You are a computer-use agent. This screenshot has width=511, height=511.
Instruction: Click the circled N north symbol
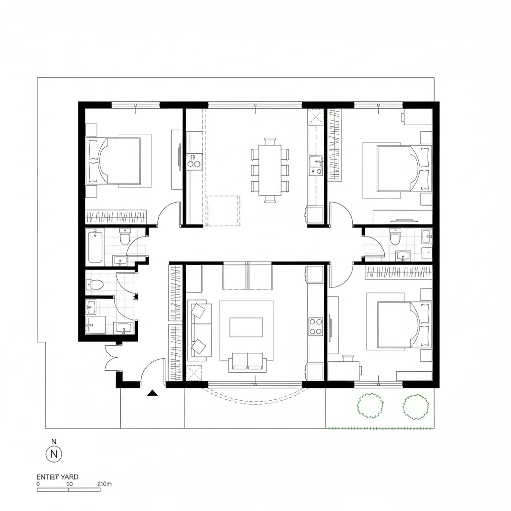[x=54, y=454]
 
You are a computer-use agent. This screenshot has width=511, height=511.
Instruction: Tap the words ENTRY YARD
[x=57, y=477]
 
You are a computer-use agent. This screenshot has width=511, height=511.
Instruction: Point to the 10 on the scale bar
[x=69, y=484]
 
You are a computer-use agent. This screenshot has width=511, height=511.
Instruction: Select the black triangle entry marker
[x=153, y=393]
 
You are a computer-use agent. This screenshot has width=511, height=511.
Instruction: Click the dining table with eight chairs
[x=270, y=170]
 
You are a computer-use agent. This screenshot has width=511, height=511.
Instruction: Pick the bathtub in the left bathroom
[x=95, y=246]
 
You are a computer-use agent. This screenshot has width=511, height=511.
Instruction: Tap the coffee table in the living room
[x=246, y=327]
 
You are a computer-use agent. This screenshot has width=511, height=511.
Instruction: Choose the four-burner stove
[x=315, y=327]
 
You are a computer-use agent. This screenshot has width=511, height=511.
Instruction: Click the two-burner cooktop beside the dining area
[x=194, y=160]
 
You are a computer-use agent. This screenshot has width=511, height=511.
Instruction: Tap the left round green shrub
[x=370, y=405]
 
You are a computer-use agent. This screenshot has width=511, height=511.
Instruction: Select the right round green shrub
[x=416, y=406]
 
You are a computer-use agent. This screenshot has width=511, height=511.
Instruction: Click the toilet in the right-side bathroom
[x=395, y=237]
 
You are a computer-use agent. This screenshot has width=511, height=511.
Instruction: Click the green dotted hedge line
[x=379, y=428]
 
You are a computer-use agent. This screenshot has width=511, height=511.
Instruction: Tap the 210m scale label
[x=105, y=484]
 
